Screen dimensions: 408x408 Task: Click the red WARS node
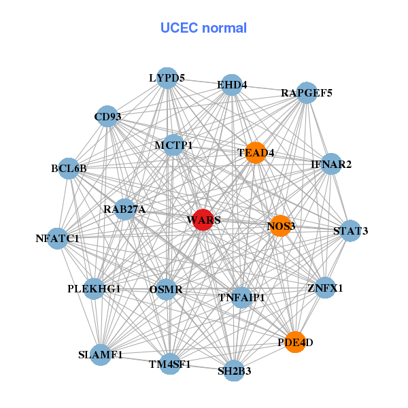point(203,220)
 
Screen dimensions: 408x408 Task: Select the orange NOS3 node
point(280,226)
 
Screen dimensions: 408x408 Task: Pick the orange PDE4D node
point(295,343)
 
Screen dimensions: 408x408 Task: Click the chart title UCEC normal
point(203,28)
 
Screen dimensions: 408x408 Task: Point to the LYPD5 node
point(167,78)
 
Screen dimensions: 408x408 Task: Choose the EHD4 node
point(232,85)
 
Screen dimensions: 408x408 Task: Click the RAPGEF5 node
point(307,93)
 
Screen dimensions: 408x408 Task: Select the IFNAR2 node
point(330,164)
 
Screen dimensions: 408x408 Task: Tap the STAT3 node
point(350,231)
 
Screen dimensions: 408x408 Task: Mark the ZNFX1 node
point(325,288)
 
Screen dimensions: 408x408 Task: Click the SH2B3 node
point(234,371)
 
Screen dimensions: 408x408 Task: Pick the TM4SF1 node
point(170,364)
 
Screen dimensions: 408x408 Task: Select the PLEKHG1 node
point(94,289)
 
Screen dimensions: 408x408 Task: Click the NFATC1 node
point(58,239)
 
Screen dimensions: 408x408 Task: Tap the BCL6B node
point(69,168)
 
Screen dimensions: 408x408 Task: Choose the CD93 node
point(107,117)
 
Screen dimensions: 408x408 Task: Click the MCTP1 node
point(173,145)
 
